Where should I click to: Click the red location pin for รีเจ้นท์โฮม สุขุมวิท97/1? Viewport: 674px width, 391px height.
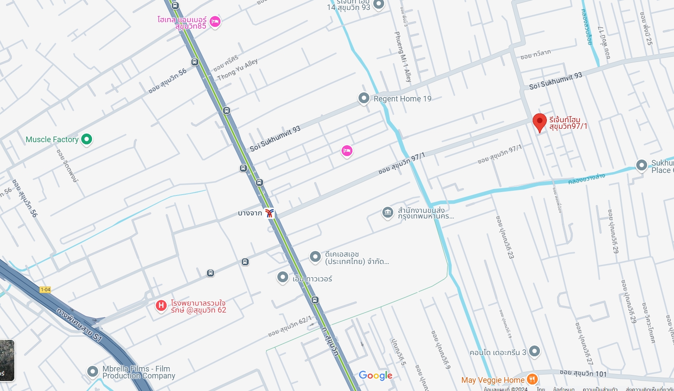(539, 122)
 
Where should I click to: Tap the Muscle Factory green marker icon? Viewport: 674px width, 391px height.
(87, 139)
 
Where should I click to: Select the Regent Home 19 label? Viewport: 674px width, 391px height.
(402, 99)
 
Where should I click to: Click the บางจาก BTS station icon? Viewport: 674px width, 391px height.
(270, 213)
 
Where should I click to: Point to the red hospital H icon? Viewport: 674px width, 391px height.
(161, 306)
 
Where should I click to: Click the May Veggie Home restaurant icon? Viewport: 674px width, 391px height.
(532, 380)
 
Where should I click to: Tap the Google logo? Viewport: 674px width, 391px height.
(375, 375)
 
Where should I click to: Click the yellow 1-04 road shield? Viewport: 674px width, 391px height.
(45, 290)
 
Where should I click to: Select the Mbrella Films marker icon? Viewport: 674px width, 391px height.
(92, 371)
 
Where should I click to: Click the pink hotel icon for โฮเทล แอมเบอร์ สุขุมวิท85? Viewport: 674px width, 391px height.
(215, 22)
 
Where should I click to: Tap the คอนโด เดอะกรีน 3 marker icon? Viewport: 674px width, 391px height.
(535, 351)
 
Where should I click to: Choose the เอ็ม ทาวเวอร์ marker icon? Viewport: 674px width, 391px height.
(283, 277)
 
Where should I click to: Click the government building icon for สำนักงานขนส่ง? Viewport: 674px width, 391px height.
(388, 212)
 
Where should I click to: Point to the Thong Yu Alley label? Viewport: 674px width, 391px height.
(237, 69)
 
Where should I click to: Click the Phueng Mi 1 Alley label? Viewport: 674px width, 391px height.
(402, 56)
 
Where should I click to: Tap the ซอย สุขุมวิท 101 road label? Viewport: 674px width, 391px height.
(583, 373)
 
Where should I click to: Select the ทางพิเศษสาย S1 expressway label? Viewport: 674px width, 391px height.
(79, 325)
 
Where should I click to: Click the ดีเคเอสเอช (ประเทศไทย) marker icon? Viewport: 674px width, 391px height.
(315, 257)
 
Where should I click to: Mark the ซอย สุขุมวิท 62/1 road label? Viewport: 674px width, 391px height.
(289, 326)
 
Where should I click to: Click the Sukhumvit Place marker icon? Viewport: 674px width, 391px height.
(641, 165)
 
